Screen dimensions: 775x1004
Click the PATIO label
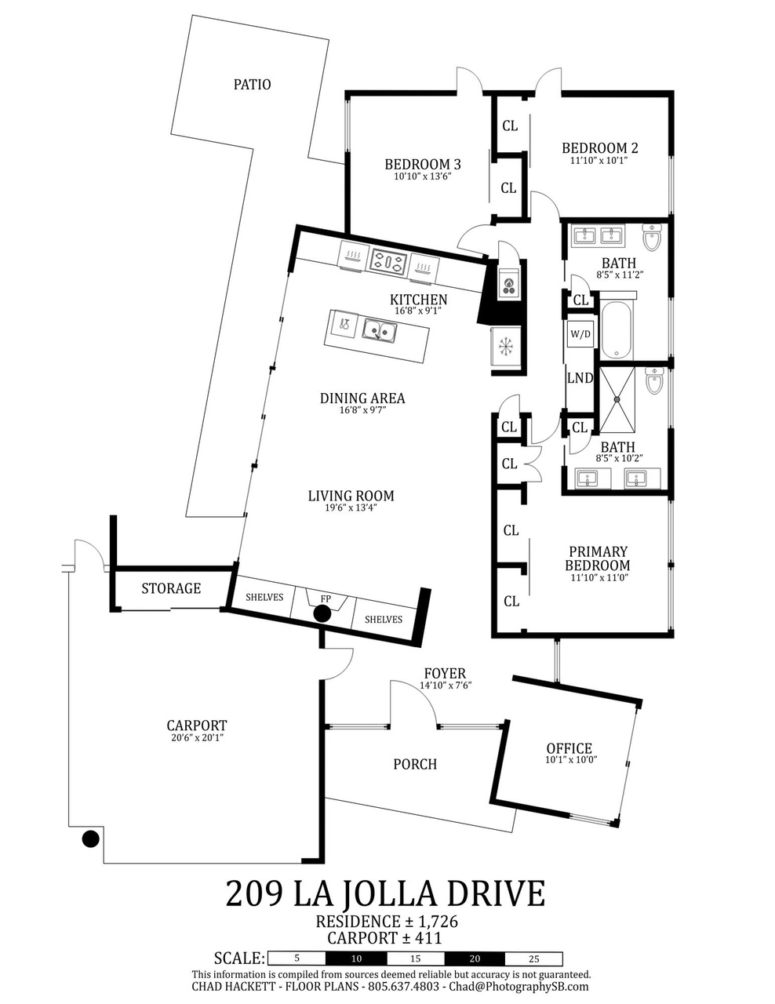click(x=252, y=85)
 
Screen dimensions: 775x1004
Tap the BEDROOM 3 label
click(x=423, y=164)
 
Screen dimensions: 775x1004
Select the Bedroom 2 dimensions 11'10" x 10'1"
click(x=599, y=160)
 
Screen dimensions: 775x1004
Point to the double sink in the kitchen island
click(x=379, y=330)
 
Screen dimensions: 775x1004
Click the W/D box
click(x=580, y=333)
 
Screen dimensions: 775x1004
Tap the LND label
click(x=580, y=378)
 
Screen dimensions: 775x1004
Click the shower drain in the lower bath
click(x=617, y=399)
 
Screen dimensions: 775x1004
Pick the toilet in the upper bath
click(x=652, y=238)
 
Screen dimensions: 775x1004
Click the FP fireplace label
click(x=326, y=598)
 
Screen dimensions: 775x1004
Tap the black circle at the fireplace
click(x=322, y=614)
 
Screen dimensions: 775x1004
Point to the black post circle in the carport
click(x=90, y=838)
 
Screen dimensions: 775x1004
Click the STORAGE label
click(x=171, y=588)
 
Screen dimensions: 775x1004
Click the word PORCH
click(x=415, y=764)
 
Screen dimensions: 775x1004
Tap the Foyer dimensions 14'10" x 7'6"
click(x=446, y=686)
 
